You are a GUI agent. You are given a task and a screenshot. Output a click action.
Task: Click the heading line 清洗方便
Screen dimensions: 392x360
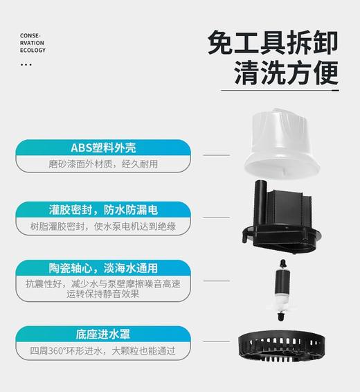click(286, 71)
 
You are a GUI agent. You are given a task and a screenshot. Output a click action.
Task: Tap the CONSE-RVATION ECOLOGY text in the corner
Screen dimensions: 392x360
click(33, 42)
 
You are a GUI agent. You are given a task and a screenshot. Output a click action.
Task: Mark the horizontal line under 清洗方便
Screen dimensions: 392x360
click(280, 90)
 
